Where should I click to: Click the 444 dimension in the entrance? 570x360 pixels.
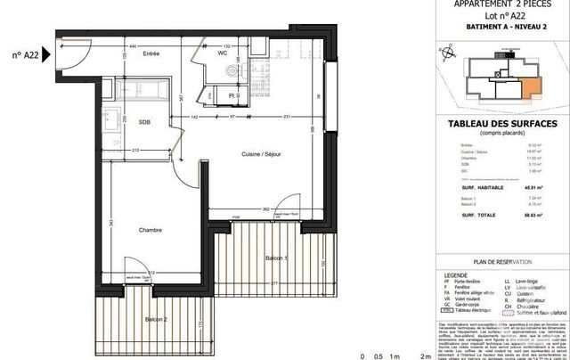(x=132, y=44)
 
